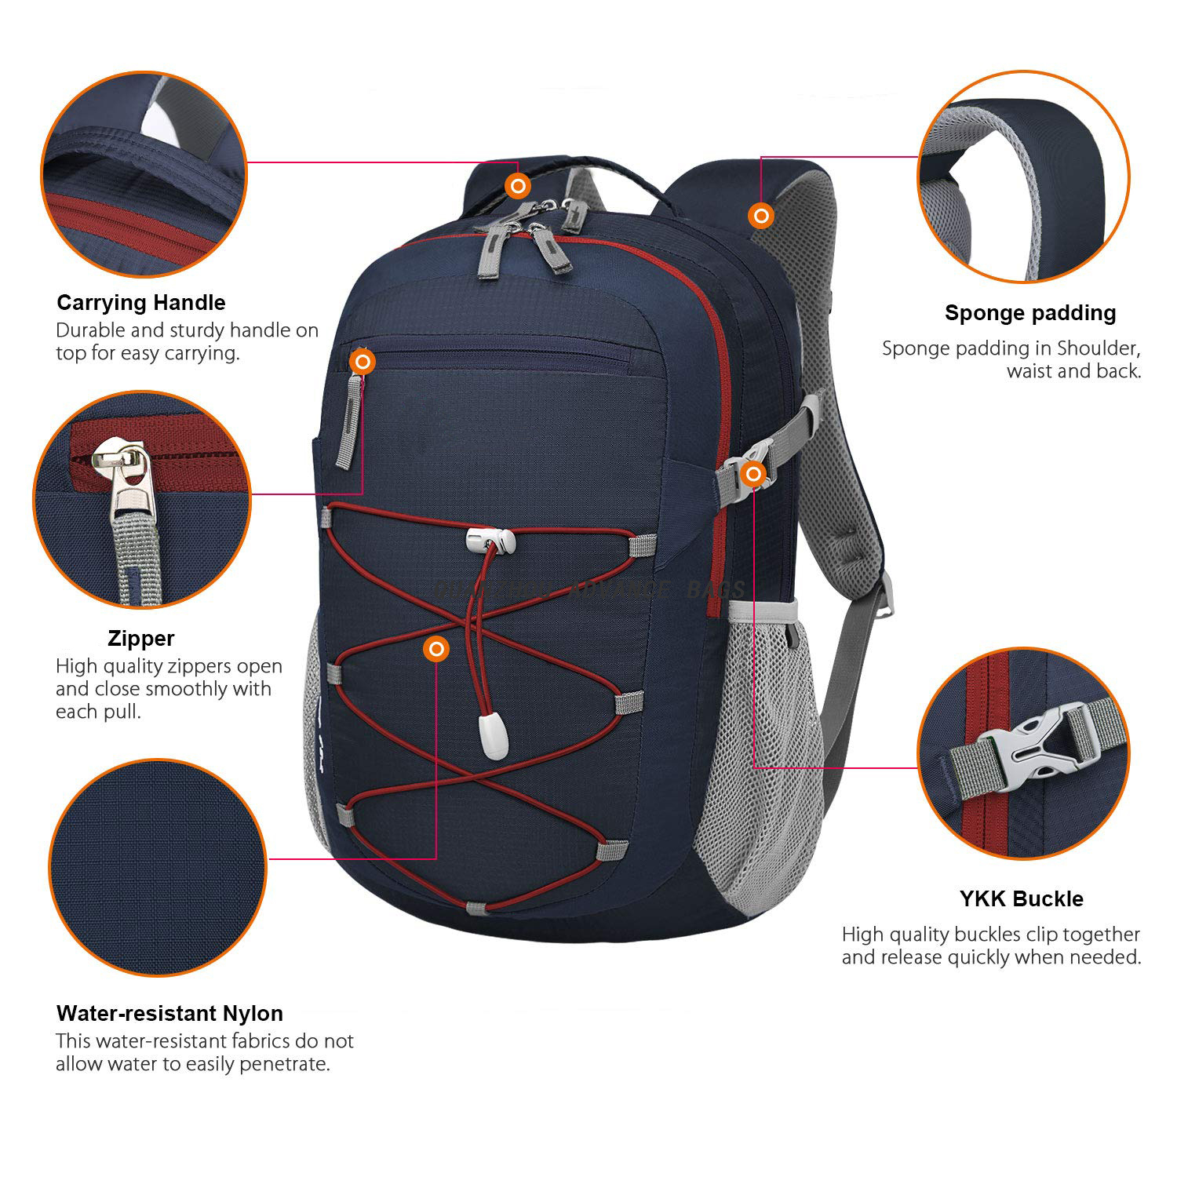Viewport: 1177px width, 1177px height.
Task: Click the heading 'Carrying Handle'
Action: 141,303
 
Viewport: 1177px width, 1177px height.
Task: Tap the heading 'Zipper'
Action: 141,639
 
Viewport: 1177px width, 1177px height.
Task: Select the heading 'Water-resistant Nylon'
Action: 169,1013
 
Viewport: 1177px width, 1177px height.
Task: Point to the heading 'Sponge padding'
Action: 1030,313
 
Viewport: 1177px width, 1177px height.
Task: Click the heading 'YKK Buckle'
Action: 1021,899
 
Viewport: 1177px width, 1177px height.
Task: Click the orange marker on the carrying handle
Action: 518,186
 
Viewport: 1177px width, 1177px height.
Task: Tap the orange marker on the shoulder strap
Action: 760,215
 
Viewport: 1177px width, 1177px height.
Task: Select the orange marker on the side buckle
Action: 754,473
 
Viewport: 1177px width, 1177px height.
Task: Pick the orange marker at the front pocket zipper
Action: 363,362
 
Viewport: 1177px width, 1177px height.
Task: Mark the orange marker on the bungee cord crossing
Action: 436,649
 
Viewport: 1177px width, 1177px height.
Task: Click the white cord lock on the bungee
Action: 490,539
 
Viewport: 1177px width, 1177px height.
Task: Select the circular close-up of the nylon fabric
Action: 158,867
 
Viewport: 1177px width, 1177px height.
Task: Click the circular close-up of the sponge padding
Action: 1023,177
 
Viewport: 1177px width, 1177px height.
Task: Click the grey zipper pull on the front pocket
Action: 348,424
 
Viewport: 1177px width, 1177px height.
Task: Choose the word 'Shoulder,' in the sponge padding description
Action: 1099,348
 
